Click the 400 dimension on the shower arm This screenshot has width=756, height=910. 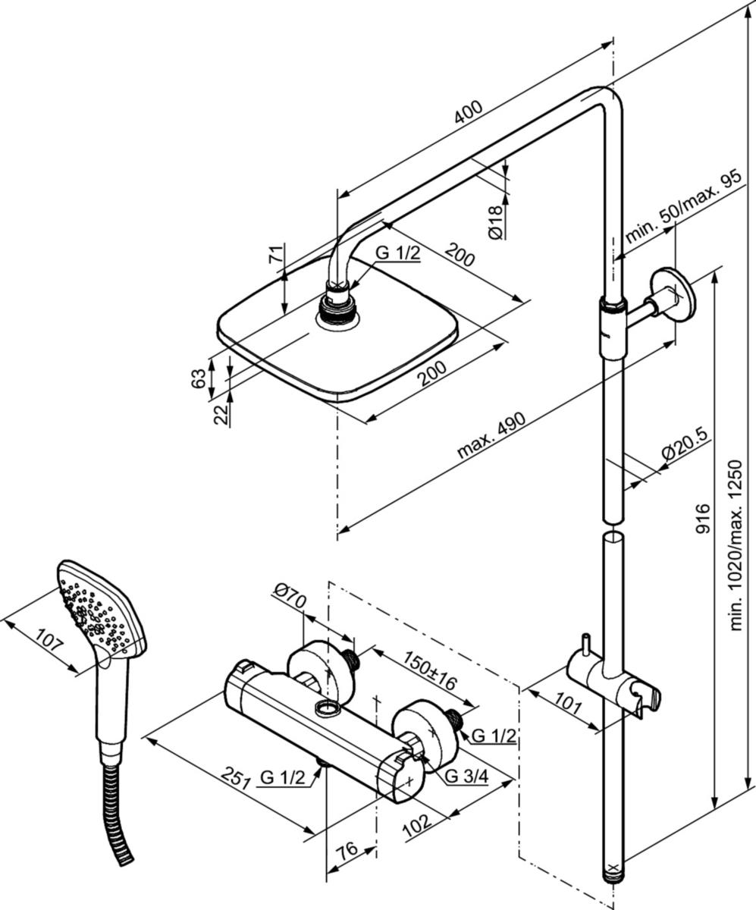click(x=469, y=113)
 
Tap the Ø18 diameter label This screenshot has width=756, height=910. click(x=496, y=222)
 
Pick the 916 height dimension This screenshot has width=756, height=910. click(x=702, y=518)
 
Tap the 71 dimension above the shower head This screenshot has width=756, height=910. click(x=274, y=254)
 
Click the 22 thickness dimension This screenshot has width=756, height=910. click(x=221, y=415)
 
